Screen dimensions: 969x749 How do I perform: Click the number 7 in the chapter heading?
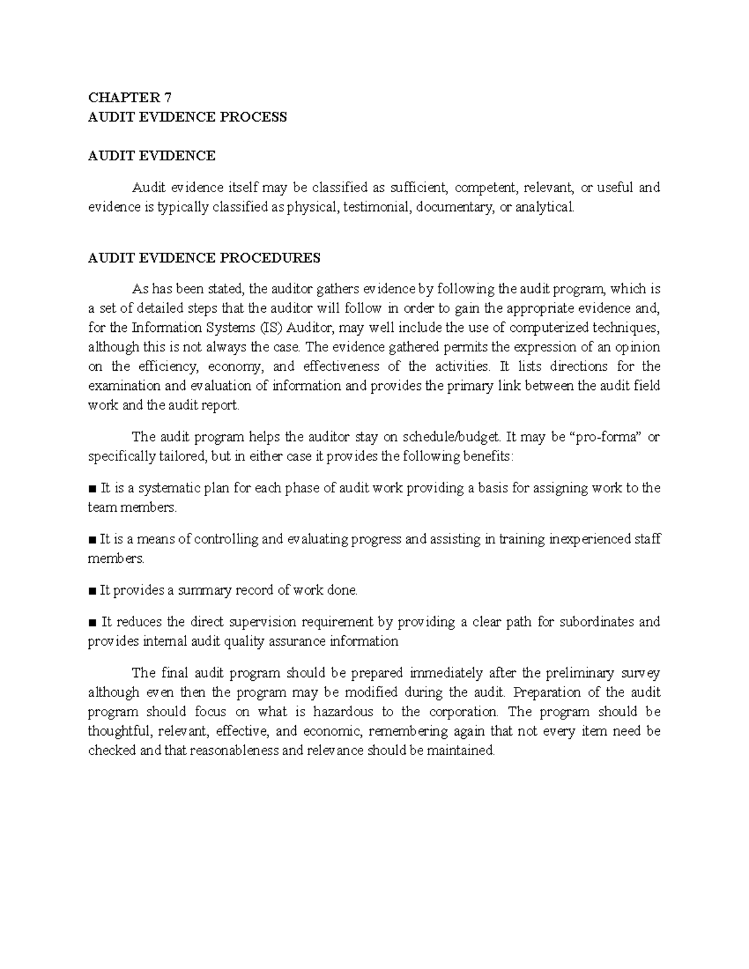point(167,97)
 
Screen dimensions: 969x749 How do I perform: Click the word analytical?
point(542,207)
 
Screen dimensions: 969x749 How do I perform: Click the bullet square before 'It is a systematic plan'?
point(92,489)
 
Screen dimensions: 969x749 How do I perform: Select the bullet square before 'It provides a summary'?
point(92,591)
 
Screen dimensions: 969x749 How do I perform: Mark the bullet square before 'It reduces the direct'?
point(92,623)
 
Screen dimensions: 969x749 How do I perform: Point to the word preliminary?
point(584,673)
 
